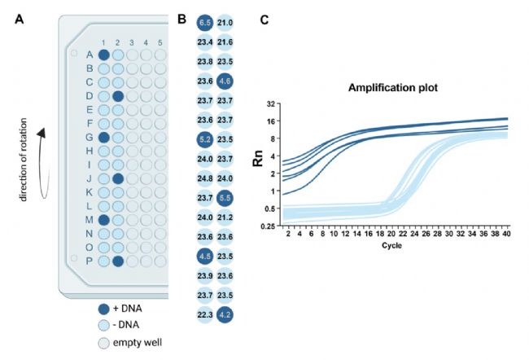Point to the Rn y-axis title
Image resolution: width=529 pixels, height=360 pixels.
click(259, 163)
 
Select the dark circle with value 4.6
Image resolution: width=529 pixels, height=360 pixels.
click(226, 81)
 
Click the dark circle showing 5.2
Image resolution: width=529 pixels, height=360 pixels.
click(204, 139)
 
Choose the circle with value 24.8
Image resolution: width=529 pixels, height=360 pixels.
click(204, 178)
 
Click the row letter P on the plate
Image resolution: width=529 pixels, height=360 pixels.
click(89, 261)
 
